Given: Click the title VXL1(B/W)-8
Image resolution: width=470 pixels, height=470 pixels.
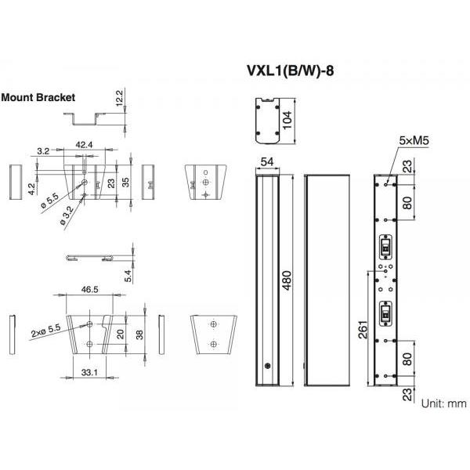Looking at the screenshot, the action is [290, 71].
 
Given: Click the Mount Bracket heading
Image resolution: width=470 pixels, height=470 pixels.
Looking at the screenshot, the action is [38, 97].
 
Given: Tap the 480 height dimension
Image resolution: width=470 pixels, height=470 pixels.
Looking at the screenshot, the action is [287, 280].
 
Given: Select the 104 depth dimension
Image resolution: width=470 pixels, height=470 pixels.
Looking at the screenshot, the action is [287, 120].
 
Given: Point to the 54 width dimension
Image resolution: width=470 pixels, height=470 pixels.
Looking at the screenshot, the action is [267, 162].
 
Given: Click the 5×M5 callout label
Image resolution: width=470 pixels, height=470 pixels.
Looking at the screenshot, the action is [414, 140].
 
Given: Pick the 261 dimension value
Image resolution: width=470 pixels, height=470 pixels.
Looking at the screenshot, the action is [363, 330].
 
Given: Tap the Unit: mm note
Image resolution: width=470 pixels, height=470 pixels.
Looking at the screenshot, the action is [444, 403].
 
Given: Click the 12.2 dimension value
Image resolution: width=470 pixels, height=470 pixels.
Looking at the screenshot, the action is [119, 98].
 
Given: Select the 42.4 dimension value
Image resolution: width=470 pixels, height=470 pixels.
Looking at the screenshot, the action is [84, 145].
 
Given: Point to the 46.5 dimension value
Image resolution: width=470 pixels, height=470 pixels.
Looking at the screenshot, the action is [89, 290].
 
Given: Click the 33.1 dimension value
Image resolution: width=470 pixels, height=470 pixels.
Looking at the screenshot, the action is [89, 372].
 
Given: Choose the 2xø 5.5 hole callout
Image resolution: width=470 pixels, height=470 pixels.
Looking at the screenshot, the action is [46, 331].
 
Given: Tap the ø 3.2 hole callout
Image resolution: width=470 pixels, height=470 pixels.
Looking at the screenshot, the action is [67, 216].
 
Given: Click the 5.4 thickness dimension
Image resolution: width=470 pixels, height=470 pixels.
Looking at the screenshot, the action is [128, 276].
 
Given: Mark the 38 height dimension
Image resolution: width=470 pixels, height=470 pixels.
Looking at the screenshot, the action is [139, 334].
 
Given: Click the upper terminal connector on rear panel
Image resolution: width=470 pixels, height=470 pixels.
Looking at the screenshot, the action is [385, 248].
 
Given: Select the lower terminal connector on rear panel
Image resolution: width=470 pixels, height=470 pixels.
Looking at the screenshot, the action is [385, 313].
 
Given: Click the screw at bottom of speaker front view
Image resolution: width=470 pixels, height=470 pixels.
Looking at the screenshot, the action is [268, 366].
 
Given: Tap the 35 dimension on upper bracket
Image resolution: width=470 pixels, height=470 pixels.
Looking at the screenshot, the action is [125, 183].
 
